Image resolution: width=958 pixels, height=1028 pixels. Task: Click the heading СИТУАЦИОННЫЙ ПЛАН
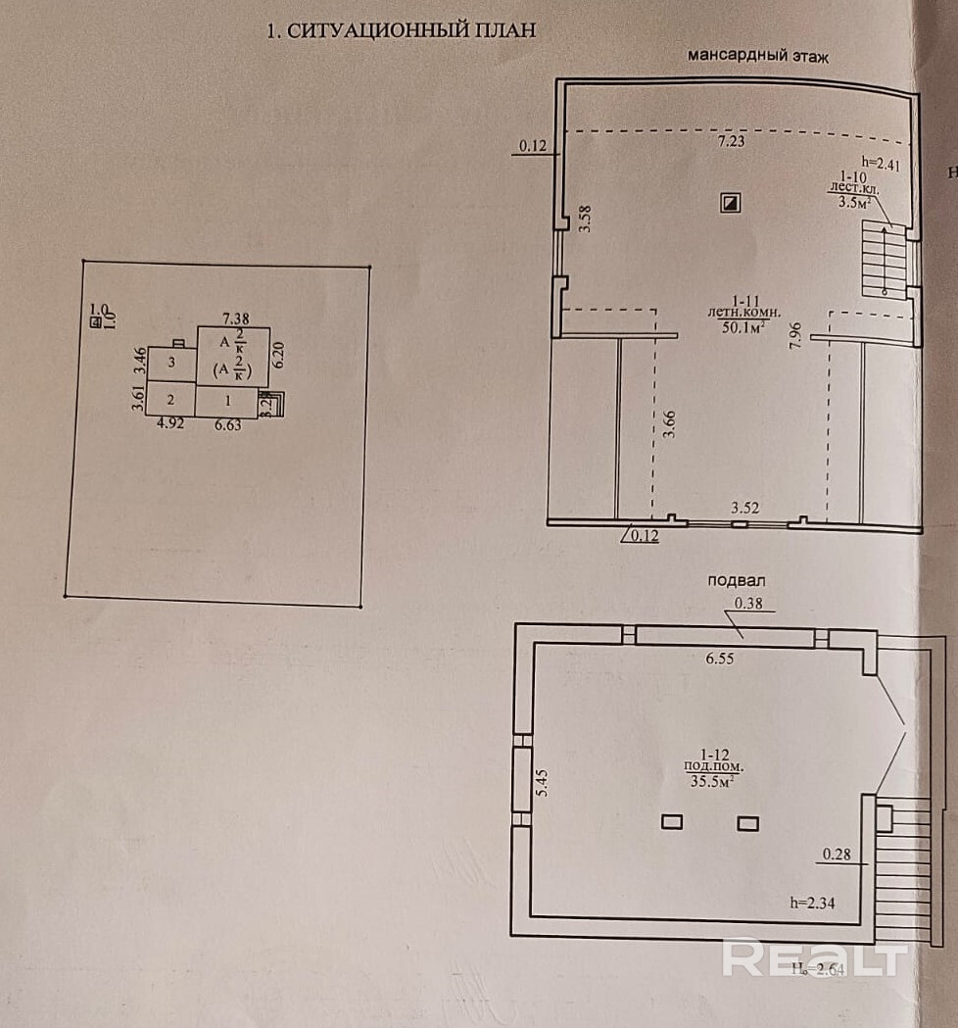(x=402, y=30)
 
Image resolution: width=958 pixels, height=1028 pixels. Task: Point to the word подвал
(x=737, y=580)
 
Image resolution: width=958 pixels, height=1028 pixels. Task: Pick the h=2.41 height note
(x=879, y=164)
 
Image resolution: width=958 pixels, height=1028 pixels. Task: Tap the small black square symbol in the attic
(x=730, y=203)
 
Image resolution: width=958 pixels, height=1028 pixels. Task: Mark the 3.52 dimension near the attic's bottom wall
(x=747, y=508)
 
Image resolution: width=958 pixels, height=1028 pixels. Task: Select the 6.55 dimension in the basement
(x=719, y=659)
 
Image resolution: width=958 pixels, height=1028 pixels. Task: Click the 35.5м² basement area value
(x=713, y=780)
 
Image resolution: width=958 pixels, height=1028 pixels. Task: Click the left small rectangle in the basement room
(x=671, y=822)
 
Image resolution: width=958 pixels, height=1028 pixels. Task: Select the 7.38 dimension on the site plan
(x=236, y=317)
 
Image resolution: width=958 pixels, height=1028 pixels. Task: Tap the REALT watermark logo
(x=812, y=957)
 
